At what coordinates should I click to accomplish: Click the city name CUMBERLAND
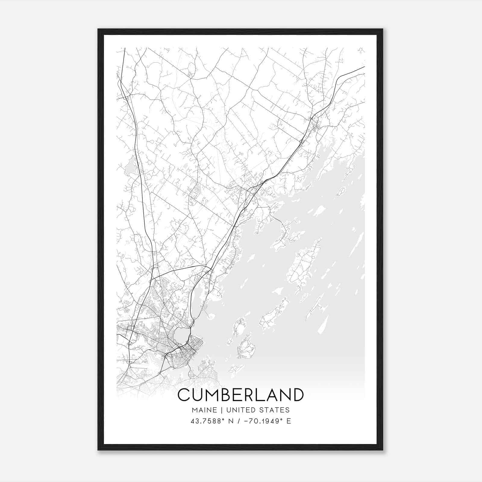point(241,395)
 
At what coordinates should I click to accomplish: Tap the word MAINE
point(204,410)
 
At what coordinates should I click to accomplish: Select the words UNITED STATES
point(258,410)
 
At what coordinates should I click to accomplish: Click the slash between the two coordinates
point(239,421)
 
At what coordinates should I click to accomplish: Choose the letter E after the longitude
point(289,421)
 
